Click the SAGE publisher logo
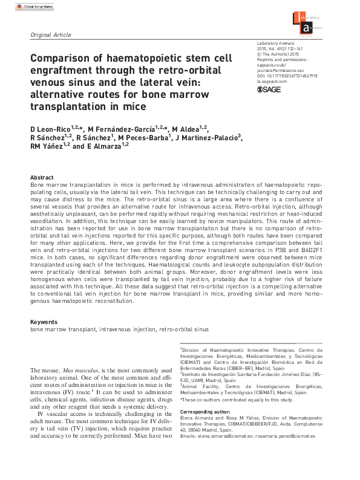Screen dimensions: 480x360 pos(270,89)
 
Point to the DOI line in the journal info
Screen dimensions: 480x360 pos(287,76)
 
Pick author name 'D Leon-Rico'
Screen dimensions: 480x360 pos(50,129)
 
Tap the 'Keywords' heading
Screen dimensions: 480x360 pos(44,322)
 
